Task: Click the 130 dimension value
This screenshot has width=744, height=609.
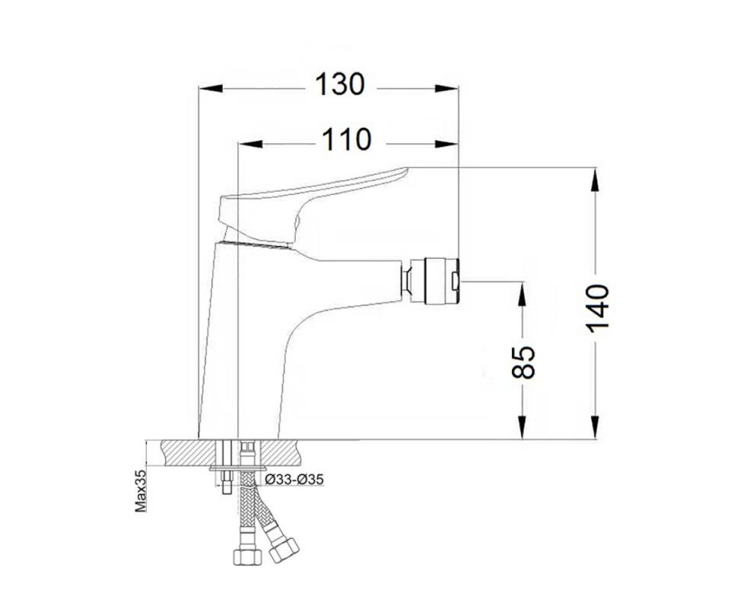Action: point(340,85)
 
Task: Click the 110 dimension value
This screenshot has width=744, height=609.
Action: point(346,140)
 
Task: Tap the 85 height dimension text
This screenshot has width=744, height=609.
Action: point(523,362)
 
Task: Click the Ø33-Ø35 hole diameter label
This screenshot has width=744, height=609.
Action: point(295,480)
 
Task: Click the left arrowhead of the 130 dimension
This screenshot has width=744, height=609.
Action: point(211,88)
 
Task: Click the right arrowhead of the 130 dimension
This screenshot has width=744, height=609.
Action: point(447,88)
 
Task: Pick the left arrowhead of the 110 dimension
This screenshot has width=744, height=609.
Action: point(250,144)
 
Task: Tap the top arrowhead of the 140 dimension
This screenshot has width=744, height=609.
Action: point(595,180)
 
